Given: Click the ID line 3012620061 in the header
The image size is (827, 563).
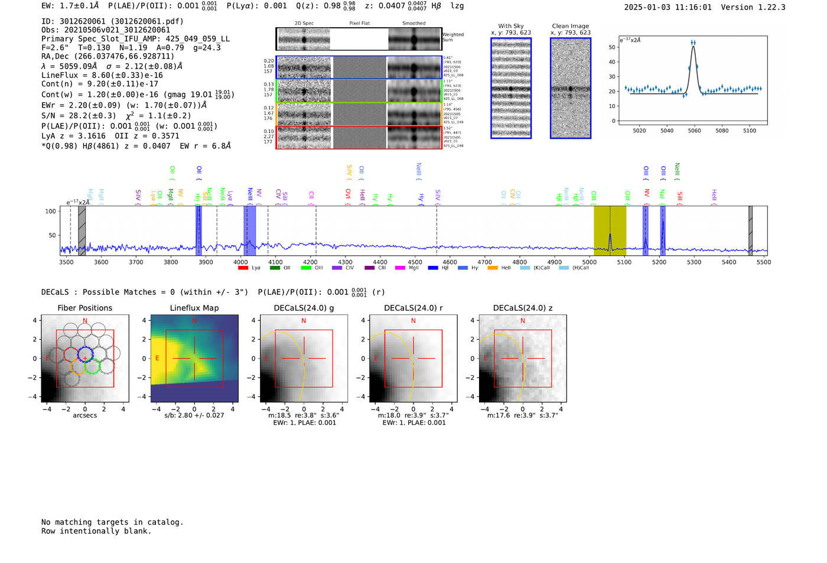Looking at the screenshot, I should [112, 21].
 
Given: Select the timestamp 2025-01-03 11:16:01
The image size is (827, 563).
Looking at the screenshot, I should [668, 7].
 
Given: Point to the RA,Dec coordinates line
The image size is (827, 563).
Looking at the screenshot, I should [108, 57].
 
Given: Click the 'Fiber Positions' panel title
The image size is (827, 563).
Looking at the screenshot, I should [84, 308].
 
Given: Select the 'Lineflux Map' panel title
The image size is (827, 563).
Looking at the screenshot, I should [194, 308].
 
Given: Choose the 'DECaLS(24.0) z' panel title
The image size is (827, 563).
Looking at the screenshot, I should [522, 308].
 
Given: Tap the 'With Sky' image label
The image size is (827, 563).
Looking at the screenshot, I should [510, 26].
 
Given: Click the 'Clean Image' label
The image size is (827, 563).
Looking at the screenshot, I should [570, 26].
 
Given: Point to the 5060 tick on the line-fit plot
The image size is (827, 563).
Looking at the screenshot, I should [694, 131].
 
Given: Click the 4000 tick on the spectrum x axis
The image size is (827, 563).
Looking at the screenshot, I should [240, 262].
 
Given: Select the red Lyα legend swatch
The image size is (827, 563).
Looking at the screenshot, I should [243, 268].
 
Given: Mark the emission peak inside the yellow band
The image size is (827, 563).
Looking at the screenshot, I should [610, 235].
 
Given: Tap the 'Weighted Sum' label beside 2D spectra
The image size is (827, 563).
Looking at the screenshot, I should [452, 37].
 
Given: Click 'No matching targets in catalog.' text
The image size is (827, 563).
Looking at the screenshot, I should [112, 522].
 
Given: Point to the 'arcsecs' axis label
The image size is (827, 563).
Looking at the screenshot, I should [84, 415].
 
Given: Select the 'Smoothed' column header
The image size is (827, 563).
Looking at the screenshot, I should [413, 24].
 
